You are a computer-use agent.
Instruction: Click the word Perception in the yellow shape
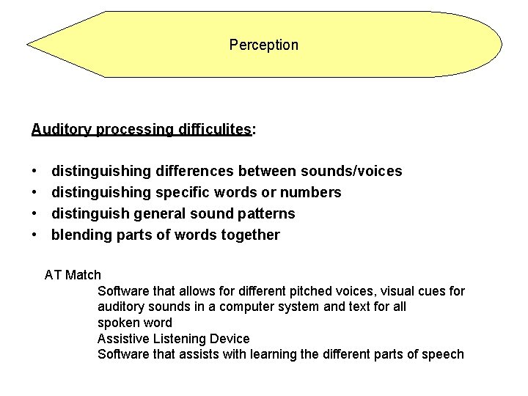263,45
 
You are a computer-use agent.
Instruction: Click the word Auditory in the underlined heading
60,130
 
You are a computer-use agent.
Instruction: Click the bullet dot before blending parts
36,235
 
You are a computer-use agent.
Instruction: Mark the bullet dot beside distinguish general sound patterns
36,213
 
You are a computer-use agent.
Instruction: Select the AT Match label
73,275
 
